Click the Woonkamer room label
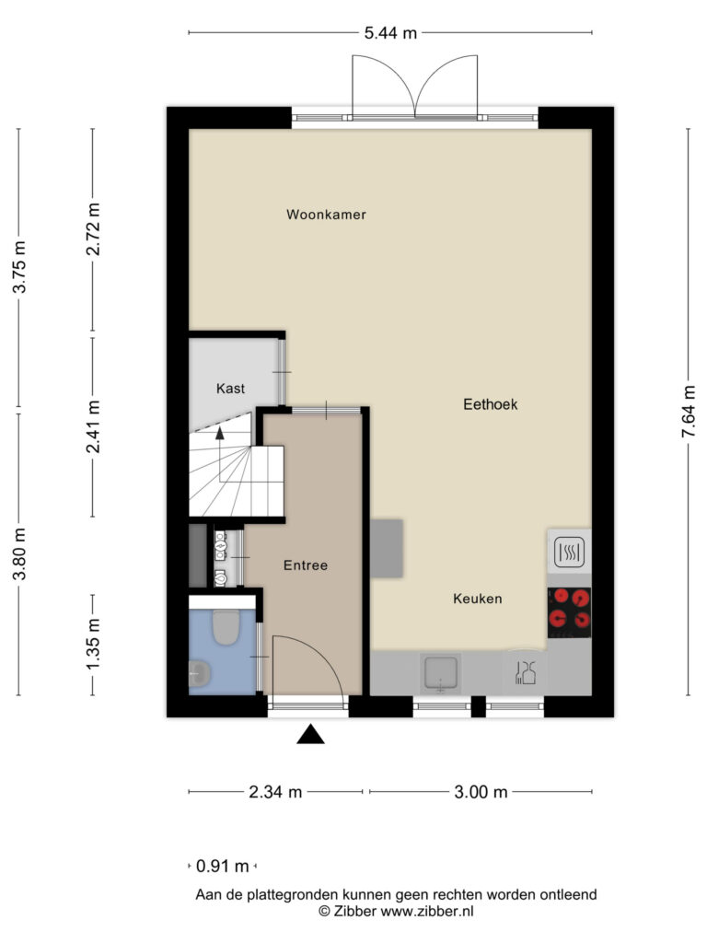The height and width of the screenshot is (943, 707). point(326,215)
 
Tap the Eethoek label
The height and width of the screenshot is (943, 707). point(490,404)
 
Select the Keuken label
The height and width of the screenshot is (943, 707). point(478,599)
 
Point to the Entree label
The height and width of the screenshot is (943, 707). point(306,565)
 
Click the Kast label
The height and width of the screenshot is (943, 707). point(230,389)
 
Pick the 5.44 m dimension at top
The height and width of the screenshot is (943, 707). point(390,33)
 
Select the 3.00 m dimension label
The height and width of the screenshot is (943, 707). point(481,792)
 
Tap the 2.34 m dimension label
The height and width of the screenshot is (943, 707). point(275,792)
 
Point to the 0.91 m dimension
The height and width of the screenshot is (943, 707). point(223,866)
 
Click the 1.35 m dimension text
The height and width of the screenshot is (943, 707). point(93,644)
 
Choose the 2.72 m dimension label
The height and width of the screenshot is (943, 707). point(93,229)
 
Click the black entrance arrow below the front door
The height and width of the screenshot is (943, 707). point(310,734)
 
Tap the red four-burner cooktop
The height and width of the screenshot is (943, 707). point(569,612)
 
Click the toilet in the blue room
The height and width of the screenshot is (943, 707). point(226,628)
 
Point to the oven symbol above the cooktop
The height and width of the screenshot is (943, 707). point(569,552)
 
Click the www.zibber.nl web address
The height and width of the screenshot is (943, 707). point(427,911)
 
